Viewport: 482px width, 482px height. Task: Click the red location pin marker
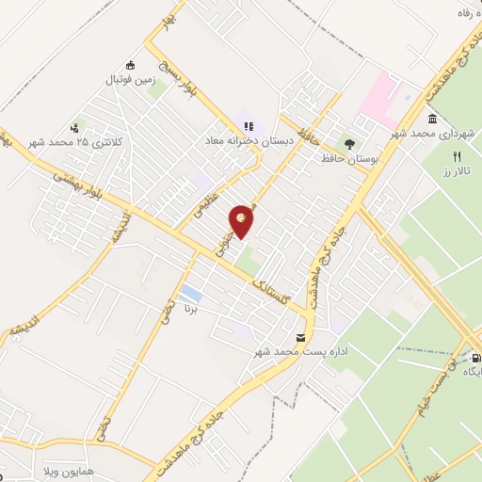click(242, 218)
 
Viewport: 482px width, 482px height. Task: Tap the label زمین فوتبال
click(130, 81)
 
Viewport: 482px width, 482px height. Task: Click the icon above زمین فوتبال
click(130, 65)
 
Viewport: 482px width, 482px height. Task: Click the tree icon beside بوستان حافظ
click(350, 144)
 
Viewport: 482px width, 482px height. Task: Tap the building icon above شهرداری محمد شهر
click(432, 120)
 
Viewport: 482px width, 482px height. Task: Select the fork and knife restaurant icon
click(458, 156)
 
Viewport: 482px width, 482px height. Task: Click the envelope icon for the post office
click(300, 337)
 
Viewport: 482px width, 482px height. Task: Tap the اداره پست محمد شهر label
click(288, 352)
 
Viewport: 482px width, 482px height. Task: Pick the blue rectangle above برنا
click(190, 292)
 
